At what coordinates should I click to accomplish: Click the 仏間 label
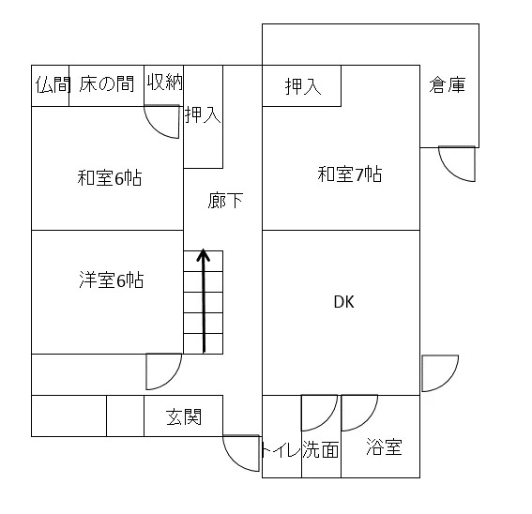(x=53, y=84)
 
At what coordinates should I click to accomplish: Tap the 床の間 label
(x=107, y=83)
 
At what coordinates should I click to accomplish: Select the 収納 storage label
(x=164, y=83)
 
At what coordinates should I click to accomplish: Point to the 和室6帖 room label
(x=109, y=177)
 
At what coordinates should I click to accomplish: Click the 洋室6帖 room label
(x=112, y=280)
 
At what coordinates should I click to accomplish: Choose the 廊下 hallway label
(x=225, y=200)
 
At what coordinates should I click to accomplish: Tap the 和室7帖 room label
(x=350, y=174)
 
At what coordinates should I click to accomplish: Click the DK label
(x=344, y=302)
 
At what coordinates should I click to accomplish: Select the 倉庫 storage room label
(x=447, y=84)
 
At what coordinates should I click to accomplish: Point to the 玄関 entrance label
(x=184, y=417)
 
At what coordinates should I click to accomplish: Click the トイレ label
(x=281, y=450)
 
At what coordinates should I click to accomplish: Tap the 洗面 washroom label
(x=321, y=449)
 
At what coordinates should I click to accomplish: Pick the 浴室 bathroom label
(x=385, y=446)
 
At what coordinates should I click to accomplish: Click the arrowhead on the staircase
(x=204, y=255)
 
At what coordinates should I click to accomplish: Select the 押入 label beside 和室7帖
(x=303, y=86)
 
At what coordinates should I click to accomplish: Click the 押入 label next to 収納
(x=203, y=114)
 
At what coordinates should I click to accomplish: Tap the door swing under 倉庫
(x=458, y=163)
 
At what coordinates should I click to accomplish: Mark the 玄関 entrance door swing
(x=241, y=453)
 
